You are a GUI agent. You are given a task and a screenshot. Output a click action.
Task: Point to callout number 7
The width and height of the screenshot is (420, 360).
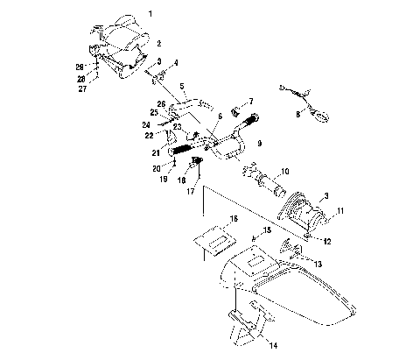251,102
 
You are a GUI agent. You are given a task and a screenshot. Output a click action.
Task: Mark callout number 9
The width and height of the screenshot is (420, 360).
258,143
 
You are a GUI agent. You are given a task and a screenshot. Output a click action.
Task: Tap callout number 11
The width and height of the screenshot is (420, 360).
340,211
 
